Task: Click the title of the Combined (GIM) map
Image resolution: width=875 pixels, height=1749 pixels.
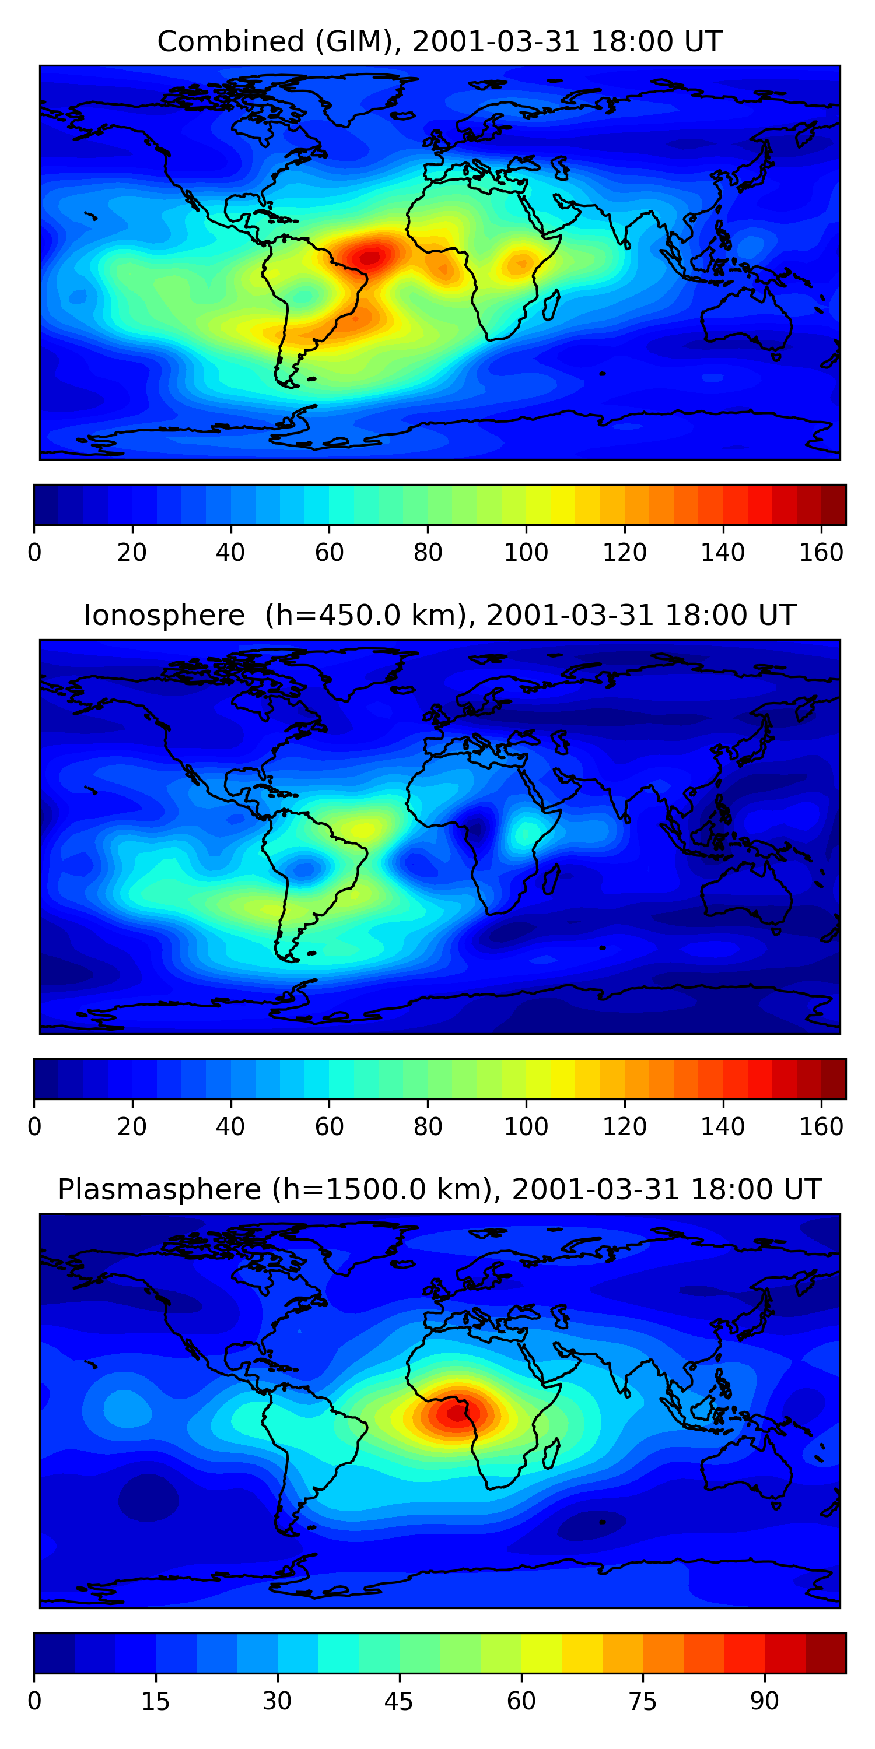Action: pyautogui.click(x=439, y=41)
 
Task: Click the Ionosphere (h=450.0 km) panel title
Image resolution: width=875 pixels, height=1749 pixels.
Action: pyautogui.click(x=439, y=615)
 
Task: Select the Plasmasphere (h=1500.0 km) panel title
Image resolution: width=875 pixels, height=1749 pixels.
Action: pyautogui.click(x=439, y=1189)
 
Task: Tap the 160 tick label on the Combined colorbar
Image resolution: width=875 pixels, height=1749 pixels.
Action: pyautogui.click(x=821, y=553)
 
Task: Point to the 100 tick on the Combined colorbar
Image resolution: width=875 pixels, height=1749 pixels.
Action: pyautogui.click(x=526, y=553)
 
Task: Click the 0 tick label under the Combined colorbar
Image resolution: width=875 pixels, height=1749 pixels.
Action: pyautogui.click(x=34, y=553)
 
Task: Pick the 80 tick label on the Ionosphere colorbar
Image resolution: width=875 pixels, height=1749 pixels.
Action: pyautogui.click(x=428, y=1126)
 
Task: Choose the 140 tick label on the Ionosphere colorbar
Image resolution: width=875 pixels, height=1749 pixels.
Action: pyautogui.click(x=723, y=1126)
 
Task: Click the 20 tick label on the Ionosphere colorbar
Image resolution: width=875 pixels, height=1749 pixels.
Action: pyautogui.click(x=132, y=1126)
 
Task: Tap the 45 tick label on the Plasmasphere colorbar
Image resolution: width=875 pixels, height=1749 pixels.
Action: pyautogui.click(x=399, y=1701)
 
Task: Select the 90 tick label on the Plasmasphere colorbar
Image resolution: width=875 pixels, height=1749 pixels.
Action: pyautogui.click(x=764, y=1701)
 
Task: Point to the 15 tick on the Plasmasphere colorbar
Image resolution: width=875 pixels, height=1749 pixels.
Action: pyautogui.click(x=156, y=1701)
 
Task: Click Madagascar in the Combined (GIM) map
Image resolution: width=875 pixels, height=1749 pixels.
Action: pyautogui.click(x=551, y=304)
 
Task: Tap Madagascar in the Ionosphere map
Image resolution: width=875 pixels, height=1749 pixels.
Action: pyautogui.click(x=551, y=877)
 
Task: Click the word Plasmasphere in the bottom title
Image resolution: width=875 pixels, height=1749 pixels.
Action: pyautogui.click(x=159, y=1189)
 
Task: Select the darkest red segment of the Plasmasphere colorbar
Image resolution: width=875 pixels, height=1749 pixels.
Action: pyautogui.click(x=825, y=1653)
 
